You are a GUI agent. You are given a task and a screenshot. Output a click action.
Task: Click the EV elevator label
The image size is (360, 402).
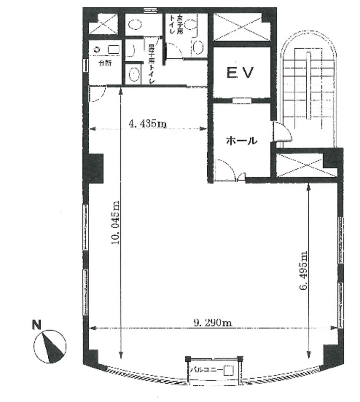click(x=240, y=72)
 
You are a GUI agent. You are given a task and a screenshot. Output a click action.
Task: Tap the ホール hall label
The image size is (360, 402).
click(x=242, y=140)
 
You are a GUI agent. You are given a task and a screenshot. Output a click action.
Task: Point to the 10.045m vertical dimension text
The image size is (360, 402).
click(x=115, y=222)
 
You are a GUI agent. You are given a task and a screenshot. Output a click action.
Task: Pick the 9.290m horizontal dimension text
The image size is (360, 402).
click(x=213, y=323)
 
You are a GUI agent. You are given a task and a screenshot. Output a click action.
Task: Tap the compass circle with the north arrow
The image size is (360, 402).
click(x=50, y=347)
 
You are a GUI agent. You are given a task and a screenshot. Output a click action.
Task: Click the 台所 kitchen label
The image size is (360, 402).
click(x=105, y=63)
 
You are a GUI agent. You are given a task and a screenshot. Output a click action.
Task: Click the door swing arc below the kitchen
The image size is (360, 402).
click(x=98, y=93)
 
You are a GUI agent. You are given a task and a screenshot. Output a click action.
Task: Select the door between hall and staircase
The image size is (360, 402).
click(x=281, y=131)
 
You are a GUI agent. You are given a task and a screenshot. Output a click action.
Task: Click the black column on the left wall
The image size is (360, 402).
click(x=95, y=168)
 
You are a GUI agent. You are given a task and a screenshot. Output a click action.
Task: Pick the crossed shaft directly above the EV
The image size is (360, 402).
click(x=242, y=27)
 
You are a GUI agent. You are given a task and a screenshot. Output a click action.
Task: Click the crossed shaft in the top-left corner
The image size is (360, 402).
click(x=103, y=24)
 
